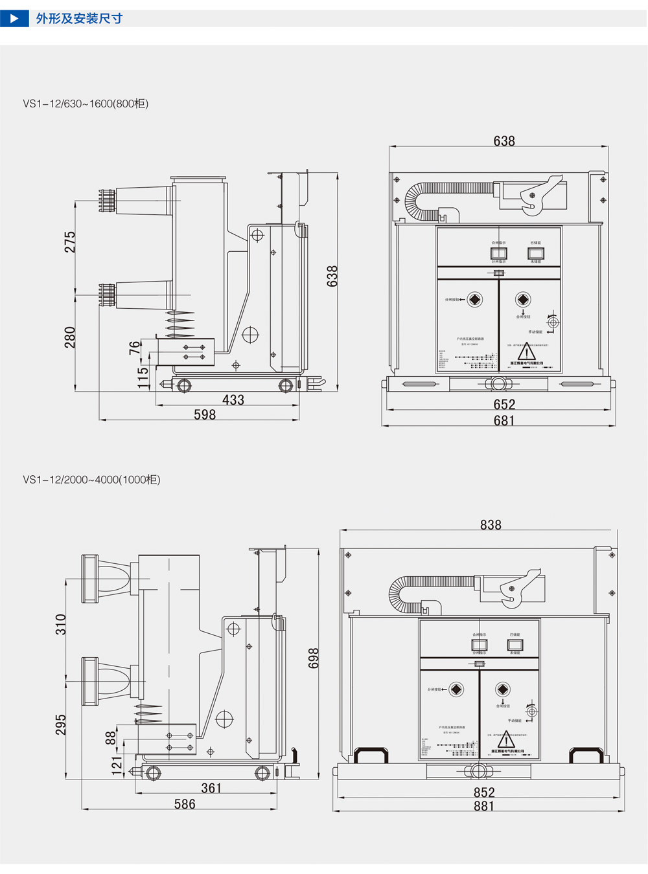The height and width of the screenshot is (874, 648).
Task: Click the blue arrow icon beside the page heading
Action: click(x=14, y=18)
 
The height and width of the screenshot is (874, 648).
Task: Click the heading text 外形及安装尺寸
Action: click(x=79, y=19)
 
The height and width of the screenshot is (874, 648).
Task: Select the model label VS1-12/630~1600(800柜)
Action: click(x=86, y=104)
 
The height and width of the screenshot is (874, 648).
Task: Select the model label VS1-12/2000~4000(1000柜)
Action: click(x=91, y=480)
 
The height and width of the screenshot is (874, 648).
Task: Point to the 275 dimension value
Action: click(x=70, y=242)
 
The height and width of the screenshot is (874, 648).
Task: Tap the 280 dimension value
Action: click(x=70, y=337)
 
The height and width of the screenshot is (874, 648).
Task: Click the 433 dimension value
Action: click(x=233, y=400)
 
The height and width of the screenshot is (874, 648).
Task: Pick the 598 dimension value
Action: click(x=205, y=415)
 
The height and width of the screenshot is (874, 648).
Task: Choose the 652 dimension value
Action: click(x=504, y=405)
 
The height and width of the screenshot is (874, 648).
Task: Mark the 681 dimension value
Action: click(x=504, y=421)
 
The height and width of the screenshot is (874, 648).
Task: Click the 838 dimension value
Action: click(x=491, y=525)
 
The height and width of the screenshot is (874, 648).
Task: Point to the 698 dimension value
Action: click(x=314, y=658)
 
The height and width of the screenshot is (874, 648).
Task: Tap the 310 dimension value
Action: click(x=61, y=625)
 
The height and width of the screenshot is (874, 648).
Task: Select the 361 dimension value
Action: click(x=211, y=788)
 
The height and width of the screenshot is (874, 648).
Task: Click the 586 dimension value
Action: click(x=185, y=804)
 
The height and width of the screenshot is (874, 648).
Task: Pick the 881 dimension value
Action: click(x=483, y=806)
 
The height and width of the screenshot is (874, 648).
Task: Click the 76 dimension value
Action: click(x=135, y=348)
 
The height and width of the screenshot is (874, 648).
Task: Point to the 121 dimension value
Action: click(x=117, y=765)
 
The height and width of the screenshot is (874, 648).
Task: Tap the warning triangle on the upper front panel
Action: click(x=526, y=352)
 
